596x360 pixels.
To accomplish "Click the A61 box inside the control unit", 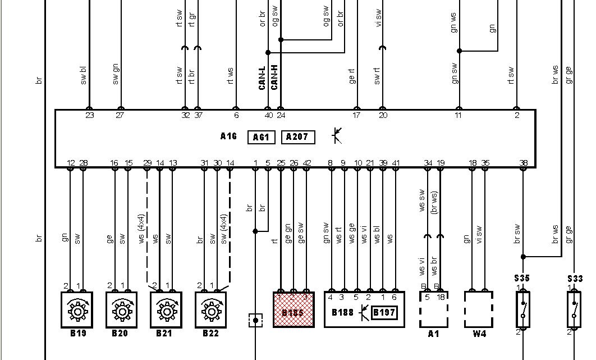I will (x=261, y=138).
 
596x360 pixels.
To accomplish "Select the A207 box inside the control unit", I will (x=297, y=138).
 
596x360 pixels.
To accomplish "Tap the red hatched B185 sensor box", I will (x=294, y=309).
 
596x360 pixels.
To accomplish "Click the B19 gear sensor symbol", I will (x=76, y=309).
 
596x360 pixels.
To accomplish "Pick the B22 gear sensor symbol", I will (x=211, y=309).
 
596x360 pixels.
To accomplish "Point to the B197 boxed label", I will (x=384, y=312).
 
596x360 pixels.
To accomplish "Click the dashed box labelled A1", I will (x=433, y=309).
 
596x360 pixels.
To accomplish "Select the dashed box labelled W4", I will (x=478, y=309).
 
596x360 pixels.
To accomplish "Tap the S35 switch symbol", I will (x=523, y=309).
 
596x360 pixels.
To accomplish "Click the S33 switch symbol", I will (x=574, y=309).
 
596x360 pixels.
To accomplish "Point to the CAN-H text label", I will (x=274, y=78).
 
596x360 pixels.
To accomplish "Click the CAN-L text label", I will (x=262, y=78).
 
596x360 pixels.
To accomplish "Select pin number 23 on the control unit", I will (x=89, y=116).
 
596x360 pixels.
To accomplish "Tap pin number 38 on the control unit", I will (x=524, y=163).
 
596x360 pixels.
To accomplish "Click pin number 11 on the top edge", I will (x=459, y=116).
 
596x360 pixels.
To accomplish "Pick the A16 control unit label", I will (x=228, y=136).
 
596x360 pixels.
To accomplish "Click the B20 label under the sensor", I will (x=120, y=334).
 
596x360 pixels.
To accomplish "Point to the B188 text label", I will (x=342, y=312).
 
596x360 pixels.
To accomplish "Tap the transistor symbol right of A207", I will (x=337, y=135).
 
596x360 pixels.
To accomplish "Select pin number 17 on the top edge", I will (x=356, y=116).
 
